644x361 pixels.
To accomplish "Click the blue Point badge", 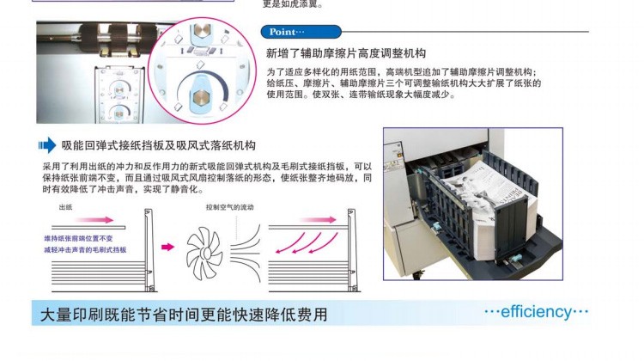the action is [301, 32].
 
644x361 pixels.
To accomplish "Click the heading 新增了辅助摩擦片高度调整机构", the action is [346, 53].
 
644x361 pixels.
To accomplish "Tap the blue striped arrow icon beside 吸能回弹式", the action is [47, 145].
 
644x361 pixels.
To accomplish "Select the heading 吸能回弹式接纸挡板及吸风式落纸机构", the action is [159, 145].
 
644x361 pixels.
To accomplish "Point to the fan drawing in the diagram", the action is [204, 252].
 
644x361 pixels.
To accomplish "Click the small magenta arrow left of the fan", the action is [167, 247].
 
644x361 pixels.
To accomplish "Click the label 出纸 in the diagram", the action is [66, 207].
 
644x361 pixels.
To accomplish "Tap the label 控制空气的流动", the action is [229, 207].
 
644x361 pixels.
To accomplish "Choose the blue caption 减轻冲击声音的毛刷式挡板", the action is [85, 249].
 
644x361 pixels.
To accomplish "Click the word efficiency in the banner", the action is [536, 312].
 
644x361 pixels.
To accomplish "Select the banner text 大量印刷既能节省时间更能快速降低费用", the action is [184, 315].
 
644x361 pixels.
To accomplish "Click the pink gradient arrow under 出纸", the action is [94, 219].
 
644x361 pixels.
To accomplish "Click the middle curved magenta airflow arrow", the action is [308, 243].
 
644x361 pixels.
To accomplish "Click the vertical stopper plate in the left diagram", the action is [149, 250].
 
